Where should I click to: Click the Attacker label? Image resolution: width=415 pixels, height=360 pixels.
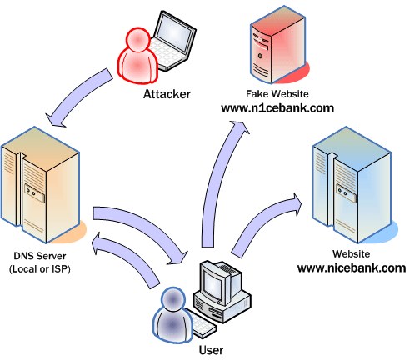pos(167,94)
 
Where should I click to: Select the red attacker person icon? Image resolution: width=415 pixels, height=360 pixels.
pos(137,56)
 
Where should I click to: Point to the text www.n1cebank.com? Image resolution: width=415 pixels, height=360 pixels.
pos(277,108)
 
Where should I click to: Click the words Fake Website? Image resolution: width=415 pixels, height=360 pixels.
pos(277,94)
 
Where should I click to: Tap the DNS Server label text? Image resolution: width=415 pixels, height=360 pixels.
pos(40,256)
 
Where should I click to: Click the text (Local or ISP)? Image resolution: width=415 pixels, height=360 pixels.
pos(40,269)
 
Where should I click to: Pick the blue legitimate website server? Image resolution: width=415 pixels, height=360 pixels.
pos(354,185)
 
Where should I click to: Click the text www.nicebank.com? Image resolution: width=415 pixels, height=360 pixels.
pos(352,268)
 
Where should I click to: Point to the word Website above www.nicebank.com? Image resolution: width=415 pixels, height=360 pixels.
pos(351,253)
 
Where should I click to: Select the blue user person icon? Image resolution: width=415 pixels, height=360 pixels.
pos(172,315)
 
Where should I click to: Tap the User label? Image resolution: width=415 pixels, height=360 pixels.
pos(211,350)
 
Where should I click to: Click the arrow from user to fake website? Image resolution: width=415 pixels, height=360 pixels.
pos(215,181)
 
